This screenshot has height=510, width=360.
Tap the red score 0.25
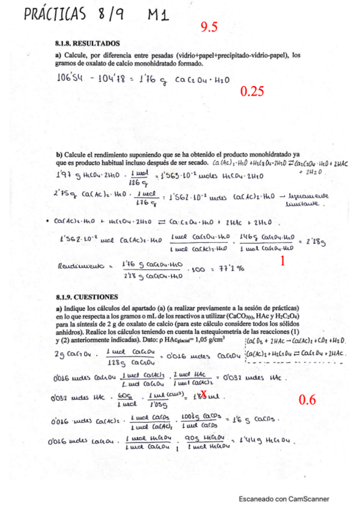tap(252, 91)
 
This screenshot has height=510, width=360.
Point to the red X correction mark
tap(204, 394)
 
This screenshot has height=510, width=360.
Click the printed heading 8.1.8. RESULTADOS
tap(88, 44)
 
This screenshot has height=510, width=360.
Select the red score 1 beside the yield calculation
tap(282, 261)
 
